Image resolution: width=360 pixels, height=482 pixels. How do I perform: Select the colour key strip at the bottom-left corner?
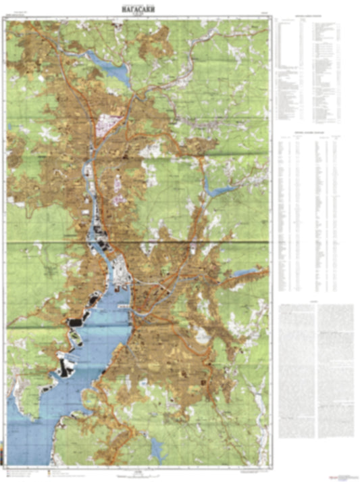pos(27,471)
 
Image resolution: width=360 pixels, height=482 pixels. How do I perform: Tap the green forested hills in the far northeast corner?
pos(250,41)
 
